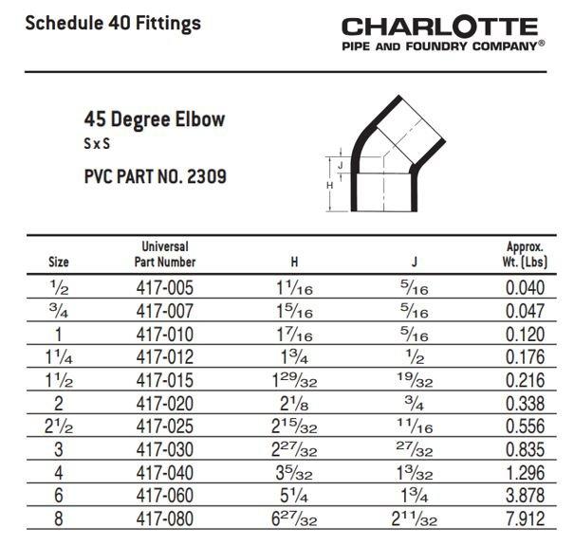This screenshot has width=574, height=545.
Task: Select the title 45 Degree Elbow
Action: click(x=156, y=121)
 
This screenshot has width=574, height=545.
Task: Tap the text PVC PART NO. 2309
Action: click(x=156, y=176)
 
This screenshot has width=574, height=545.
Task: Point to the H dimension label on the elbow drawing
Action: click(x=329, y=186)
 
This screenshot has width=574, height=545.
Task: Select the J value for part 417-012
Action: click(x=415, y=357)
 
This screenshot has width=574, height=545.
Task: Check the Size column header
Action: click(x=58, y=262)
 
